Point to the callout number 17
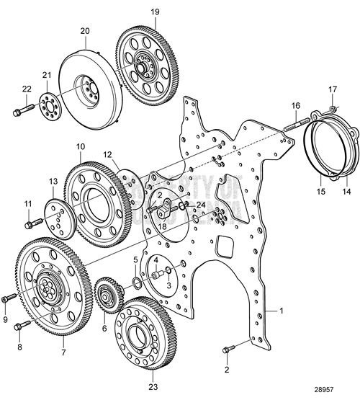tap(333, 89)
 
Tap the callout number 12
tap(107, 154)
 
